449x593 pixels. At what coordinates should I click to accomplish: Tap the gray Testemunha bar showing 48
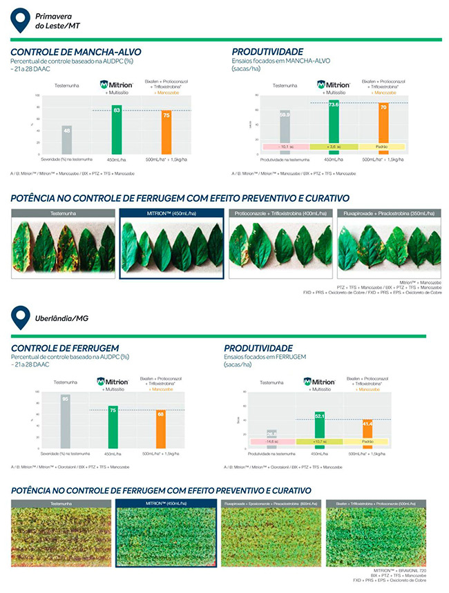coord(67,139)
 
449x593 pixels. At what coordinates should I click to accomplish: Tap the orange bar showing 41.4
coord(367,433)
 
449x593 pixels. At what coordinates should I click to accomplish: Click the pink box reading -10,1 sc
coord(285,147)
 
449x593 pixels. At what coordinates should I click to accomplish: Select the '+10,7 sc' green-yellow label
coord(319,440)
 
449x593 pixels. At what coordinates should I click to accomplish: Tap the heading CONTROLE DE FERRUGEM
coord(65,348)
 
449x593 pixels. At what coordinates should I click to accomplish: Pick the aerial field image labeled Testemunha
coord(61,531)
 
